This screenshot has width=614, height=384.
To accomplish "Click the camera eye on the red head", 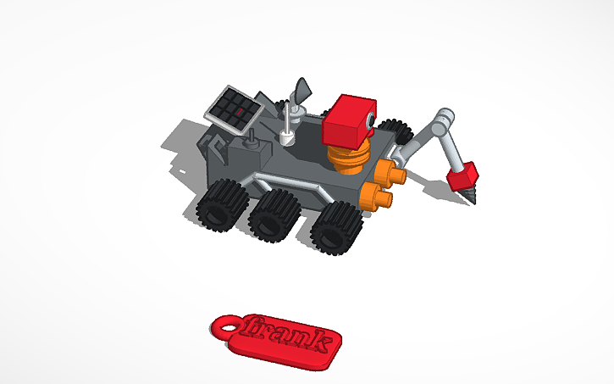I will [x=371, y=122].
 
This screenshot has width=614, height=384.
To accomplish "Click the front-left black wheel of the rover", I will [x=221, y=207].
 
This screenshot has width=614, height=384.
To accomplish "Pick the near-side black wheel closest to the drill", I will [x=335, y=230].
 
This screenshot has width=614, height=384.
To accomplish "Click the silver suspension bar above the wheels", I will [x=288, y=183].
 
